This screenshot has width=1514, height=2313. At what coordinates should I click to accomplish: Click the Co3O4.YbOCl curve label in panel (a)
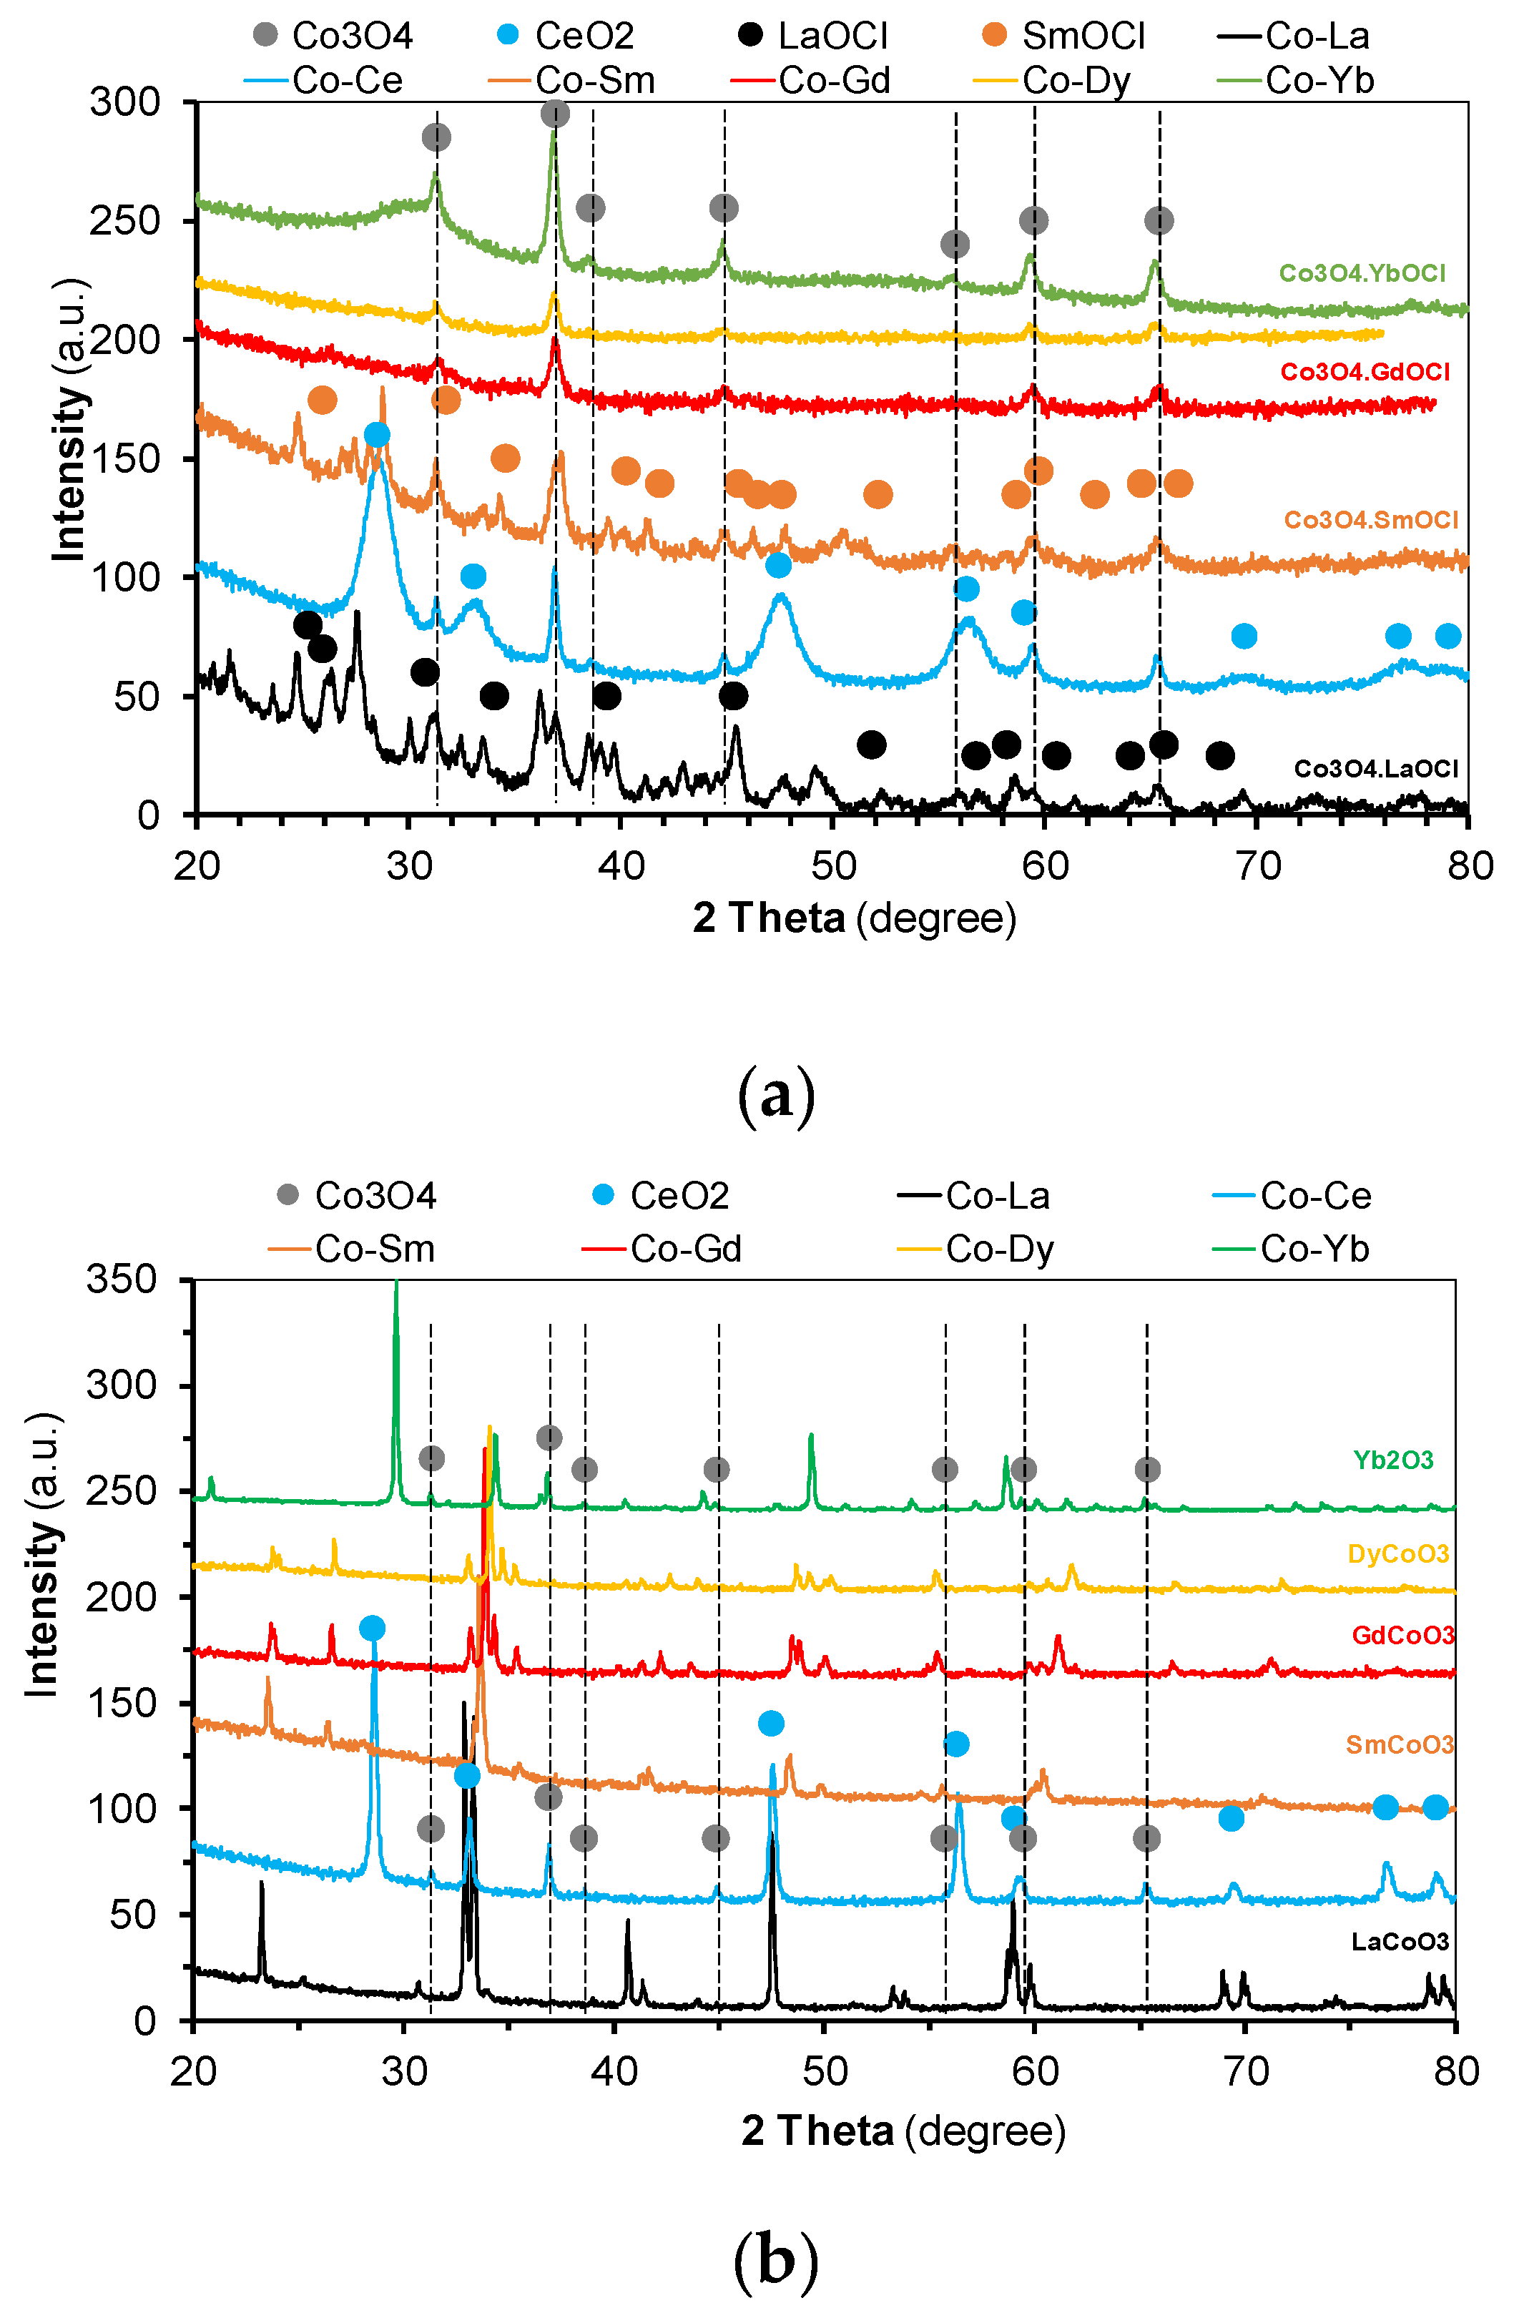[x=1362, y=273]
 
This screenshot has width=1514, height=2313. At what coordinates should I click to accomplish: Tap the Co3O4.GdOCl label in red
[x=1365, y=372]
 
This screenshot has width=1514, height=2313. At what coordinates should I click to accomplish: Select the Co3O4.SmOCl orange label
[x=1370, y=520]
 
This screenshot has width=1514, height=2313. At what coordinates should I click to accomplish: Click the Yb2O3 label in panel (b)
[x=1392, y=1460]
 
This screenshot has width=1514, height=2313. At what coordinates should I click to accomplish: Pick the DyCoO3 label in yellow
[x=1397, y=1554]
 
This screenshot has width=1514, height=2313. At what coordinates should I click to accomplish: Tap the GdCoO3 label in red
[x=1402, y=1636]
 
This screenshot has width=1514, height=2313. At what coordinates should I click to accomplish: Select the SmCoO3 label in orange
[x=1400, y=1745]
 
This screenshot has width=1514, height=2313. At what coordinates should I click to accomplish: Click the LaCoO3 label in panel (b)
[x=1400, y=1942]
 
